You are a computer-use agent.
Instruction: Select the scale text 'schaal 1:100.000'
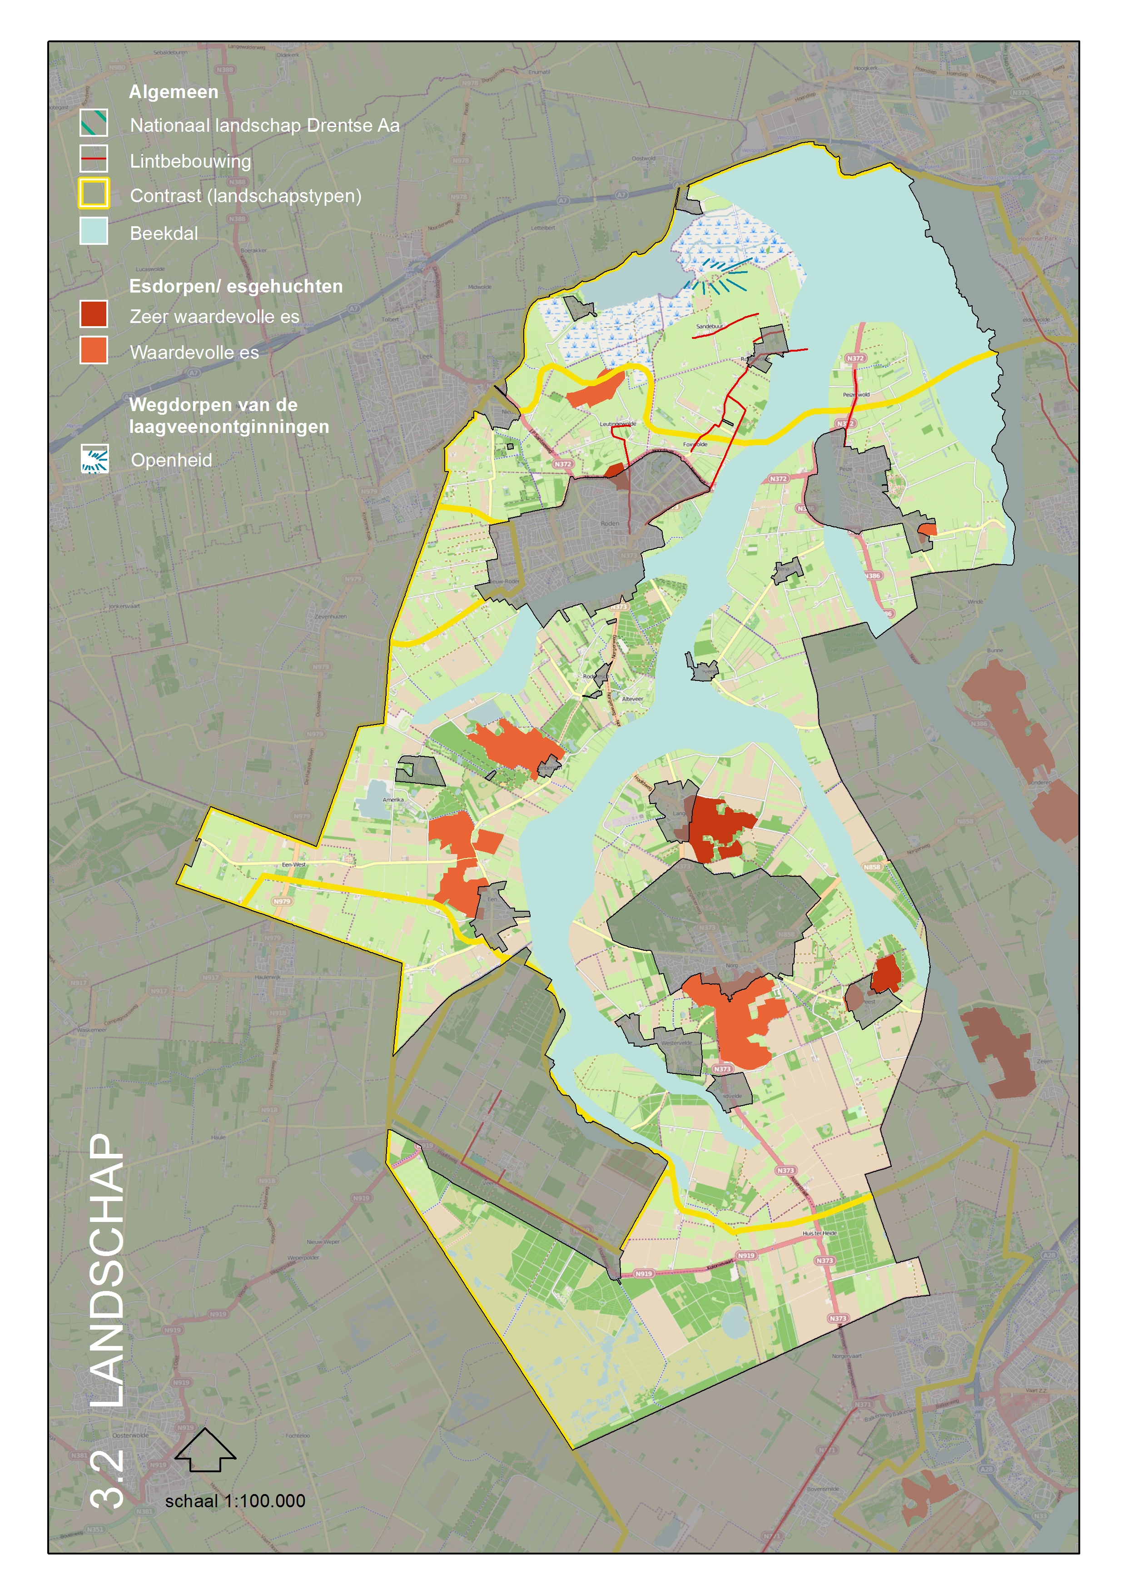tap(235, 1501)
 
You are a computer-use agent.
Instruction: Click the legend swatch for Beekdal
tap(94, 230)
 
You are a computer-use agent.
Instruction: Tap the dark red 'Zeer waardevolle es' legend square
tap(94, 314)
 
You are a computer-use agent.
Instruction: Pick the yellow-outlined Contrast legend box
tap(94, 194)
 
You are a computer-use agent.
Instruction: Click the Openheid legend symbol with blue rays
tap(94, 459)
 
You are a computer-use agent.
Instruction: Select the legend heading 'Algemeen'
tap(174, 92)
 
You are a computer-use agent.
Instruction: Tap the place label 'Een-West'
tap(294, 864)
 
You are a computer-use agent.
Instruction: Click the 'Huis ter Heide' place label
tap(819, 1233)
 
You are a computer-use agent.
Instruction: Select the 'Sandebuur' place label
tap(709, 326)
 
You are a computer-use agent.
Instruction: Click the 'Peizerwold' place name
tap(856, 394)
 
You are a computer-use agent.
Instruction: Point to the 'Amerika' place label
tap(393, 800)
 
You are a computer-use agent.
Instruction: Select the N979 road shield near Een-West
tap(282, 901)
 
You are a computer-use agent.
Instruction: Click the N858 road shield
tap(871, 866)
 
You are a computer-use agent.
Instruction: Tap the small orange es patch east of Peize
tap(927, 530)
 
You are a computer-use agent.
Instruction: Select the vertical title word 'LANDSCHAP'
tap(108, 1271)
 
